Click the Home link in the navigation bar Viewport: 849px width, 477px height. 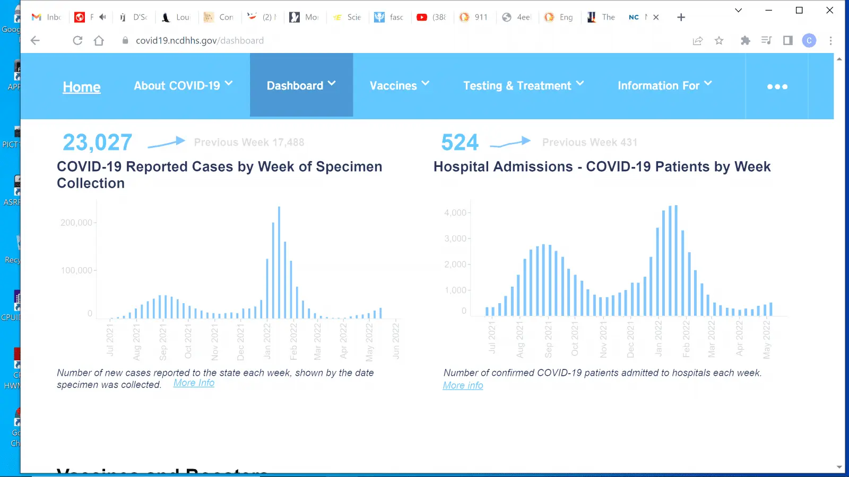click(x=82, y=87)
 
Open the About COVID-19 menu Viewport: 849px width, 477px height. click(x=183, y=85)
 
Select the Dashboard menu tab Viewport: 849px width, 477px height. click(x=301, y=85)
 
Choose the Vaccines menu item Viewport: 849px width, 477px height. click(x=399, y=85)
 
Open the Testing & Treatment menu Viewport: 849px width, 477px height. click(x=523, y=85)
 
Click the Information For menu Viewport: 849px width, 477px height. click(x=664, y=85)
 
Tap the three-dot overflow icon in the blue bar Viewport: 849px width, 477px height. click(x=777, y=86)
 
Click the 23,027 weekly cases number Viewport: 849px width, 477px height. click(x=98, y=142)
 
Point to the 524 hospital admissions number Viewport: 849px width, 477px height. click(x=460, y=142)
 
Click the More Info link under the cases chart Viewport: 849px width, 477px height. click(x=194, y=383)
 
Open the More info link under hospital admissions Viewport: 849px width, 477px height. click(x=463, y=385)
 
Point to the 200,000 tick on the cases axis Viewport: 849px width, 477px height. click(x=76, y=223)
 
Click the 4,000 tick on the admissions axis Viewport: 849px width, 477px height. click(x=455, y=213)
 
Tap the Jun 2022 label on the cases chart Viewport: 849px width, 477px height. click(x=396, y=340)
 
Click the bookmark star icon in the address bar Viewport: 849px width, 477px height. click(x=719, y=40)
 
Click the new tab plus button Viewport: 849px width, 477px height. click(x=681, y=17)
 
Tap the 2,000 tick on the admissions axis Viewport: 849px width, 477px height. click(x=455, y=264)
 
